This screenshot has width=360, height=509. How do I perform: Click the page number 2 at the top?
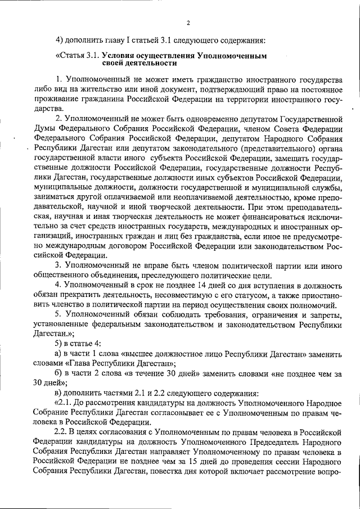[x=188, y=22]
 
